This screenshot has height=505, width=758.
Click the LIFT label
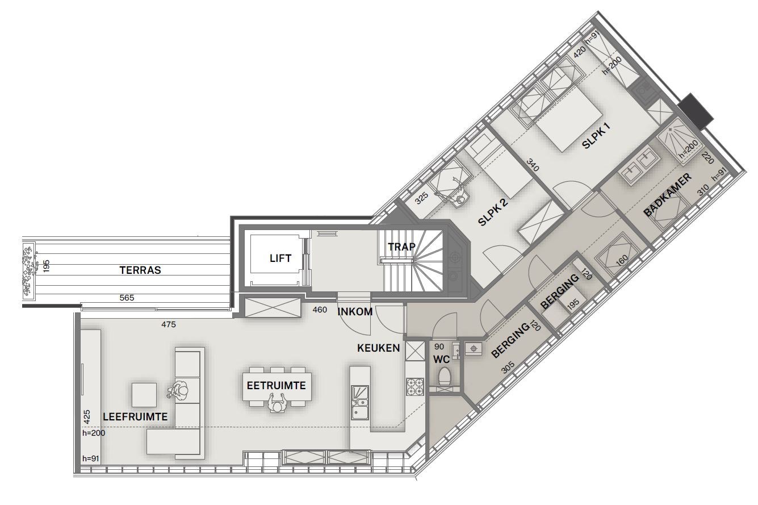click(280, 258)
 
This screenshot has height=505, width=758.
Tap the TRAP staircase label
click(402, 247)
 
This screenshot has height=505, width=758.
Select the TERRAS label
click(140, 270)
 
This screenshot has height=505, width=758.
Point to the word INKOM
click(355, 311)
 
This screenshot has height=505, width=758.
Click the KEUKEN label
click(379, 348)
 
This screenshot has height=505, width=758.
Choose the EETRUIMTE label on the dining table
click(277, 386)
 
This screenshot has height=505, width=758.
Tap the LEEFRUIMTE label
click(135, 416)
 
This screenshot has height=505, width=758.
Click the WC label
click(441, 359)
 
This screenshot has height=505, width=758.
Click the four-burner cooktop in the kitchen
click(415, 386)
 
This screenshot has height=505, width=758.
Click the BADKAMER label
click(668, 195)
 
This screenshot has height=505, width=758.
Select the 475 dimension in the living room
click(168, 324)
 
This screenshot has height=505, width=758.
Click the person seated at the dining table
click(277, 406)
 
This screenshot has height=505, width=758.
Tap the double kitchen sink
click(359, 402)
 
